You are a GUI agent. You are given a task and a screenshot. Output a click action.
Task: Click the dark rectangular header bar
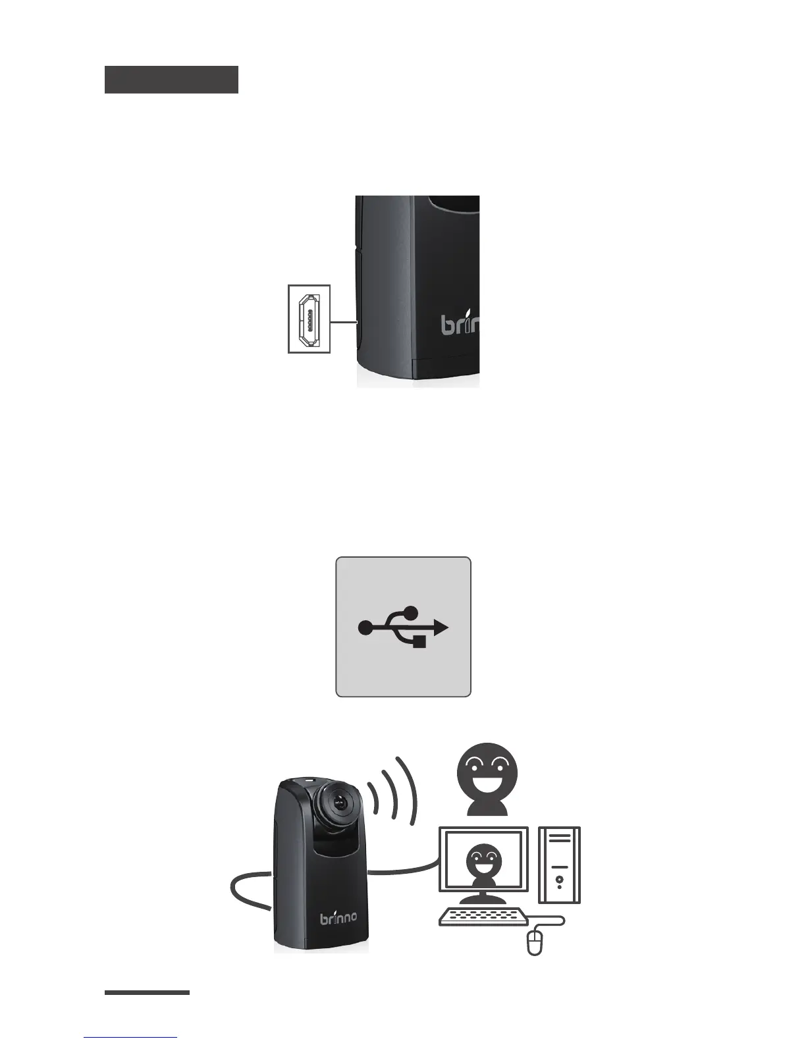coord(171,80)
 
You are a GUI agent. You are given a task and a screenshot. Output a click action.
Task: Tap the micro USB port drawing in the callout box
coord(309,319)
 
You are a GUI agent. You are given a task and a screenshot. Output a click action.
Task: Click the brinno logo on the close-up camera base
coord(460,324)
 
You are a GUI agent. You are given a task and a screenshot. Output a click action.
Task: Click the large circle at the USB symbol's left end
coord(365,628)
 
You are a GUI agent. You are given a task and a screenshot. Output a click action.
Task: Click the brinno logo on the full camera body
coord(338,917)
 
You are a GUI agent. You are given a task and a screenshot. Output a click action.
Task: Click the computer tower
coord(559,865)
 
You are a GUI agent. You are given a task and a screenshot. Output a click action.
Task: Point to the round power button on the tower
coord(559,879)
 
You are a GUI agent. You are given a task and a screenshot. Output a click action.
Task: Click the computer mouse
coord(535,942)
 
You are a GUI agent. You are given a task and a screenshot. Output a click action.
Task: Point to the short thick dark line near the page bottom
coord(147,992)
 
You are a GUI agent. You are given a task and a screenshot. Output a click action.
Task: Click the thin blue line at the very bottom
coord(130,1038)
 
